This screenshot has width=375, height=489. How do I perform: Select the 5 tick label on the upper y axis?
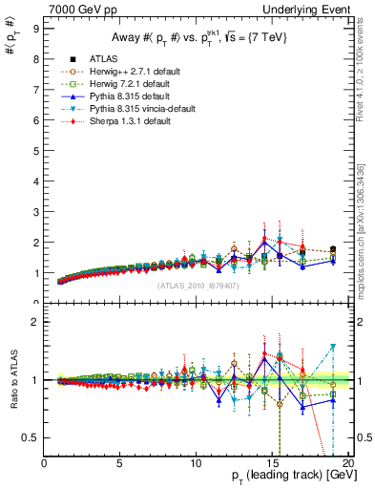pyautogui.click(x=35, y=151)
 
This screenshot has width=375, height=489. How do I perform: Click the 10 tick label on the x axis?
pyautogui.click(x=196, y=462)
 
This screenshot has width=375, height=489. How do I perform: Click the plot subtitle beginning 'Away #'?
pyautogui.click(x=197, y=37)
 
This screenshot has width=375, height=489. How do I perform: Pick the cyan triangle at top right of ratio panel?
pyautogui.click(x=333, y=347)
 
